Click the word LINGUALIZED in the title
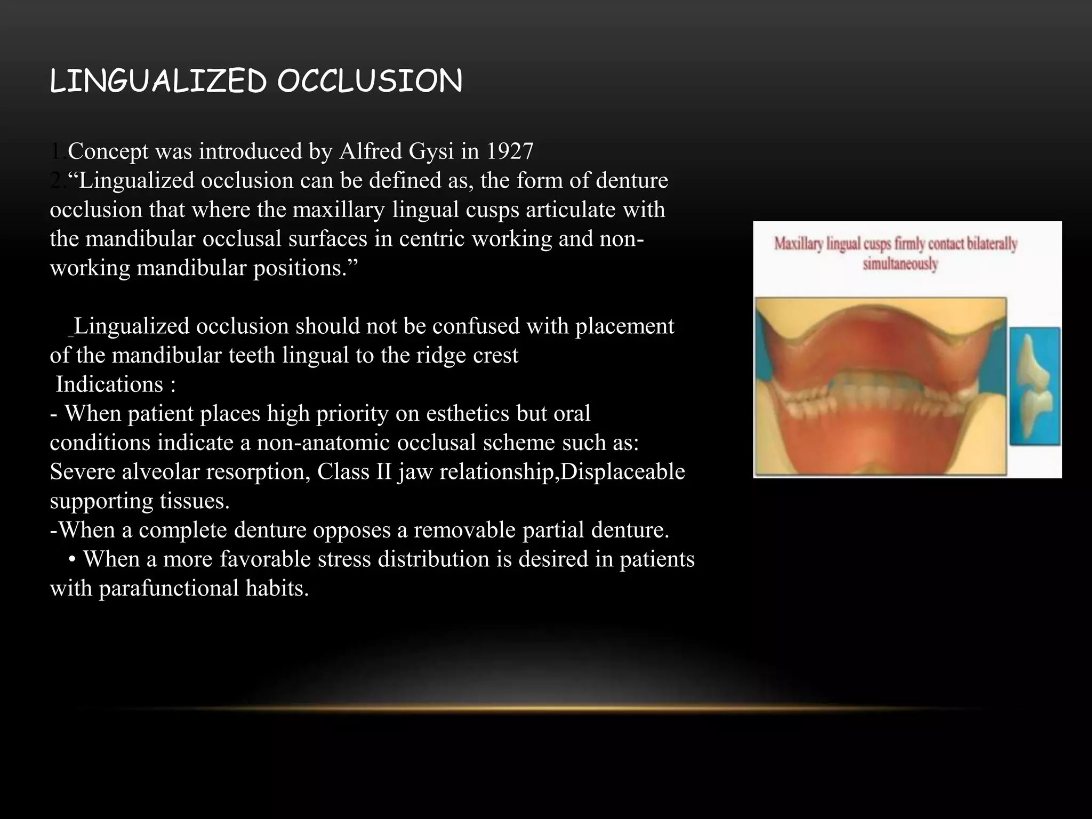coord(157,82)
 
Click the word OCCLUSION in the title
coord(370,82)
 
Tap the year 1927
coord(509,151)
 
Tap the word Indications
coord(110,384)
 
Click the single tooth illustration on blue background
coord(1034,387)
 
